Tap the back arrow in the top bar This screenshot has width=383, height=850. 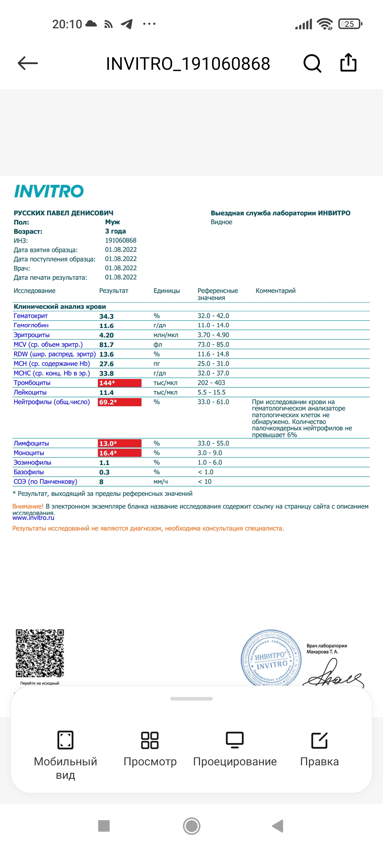pyautogui.click(x=28, y=63)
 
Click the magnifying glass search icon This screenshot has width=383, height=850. pyautogui.click(x=312, y=63)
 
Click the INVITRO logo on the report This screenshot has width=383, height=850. pyautogui.click(x=49, y=191)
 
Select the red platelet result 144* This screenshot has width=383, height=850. pyautogui.click(x=119, y=383)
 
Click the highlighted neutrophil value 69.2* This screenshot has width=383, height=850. pyautogui.click(x=119, y=402)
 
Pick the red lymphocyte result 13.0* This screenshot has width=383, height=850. pyautogui.click(x=119, y=443)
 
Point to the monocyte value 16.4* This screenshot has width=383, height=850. pyautogui.click(x=119, y=453)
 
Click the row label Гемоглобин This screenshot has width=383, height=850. pyautogui.click(x=31, y=325)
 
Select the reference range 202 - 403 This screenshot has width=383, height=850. pyautogui.click(x=211, y=383)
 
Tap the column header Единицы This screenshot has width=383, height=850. pyautogui.click(x=167, y=291)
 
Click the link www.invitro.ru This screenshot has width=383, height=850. pyautogui.click(x=33, y=518)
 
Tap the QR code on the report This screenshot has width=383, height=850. pyautogui.click(x=40, y=653)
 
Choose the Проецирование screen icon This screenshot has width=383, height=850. pyautogui.click(x=235, y=740)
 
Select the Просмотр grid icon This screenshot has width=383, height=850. pyautogui.click(x=150, y=740)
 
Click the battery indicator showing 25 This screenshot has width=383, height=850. pyautogui.click(x=350, y=24)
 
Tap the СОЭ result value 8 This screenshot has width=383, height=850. pyautogui.click(x=101, y=482)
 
